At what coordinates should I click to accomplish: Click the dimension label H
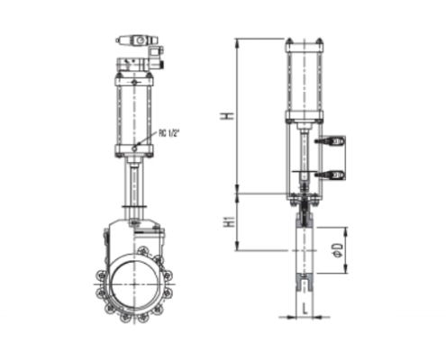(228, 116)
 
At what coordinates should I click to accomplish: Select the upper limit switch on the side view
(332, 141)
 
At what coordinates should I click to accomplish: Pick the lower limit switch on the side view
(332, 173)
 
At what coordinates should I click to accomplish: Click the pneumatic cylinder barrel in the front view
(135, 112)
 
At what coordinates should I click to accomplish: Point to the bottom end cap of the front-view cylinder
(135, 148)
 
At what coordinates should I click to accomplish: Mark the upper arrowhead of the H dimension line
(238, 41)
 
